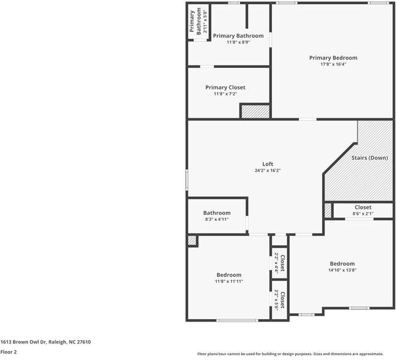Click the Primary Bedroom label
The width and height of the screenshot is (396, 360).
333,58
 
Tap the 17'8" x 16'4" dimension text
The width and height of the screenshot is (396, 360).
333,64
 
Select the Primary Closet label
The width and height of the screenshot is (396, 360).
225,88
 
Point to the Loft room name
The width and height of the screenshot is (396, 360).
268,164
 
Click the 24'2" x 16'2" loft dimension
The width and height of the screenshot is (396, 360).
268,170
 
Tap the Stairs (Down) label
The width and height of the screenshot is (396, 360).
369,158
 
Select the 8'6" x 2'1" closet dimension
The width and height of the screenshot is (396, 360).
362,214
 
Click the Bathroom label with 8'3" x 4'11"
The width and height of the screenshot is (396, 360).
217,213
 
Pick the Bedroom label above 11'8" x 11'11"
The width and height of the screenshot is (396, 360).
229,275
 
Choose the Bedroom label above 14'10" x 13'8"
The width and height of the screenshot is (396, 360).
342,263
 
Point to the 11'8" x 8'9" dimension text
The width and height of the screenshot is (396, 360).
238,43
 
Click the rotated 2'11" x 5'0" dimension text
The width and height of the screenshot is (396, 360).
205,22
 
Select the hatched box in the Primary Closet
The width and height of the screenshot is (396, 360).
256,111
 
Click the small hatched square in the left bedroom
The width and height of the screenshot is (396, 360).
192,240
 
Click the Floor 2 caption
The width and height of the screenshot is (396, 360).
8,352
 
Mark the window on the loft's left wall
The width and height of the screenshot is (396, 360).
187,180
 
